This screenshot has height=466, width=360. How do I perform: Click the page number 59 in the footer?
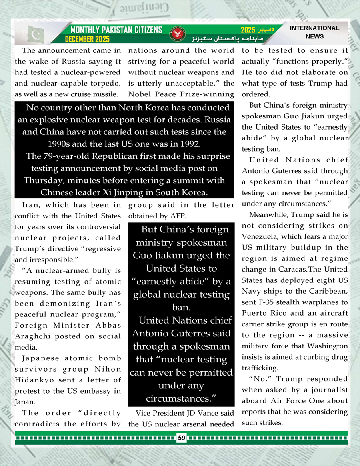point(182,438)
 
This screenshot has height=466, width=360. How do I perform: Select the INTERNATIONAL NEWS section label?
point(314,32)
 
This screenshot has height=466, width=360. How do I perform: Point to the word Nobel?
point(140,94)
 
